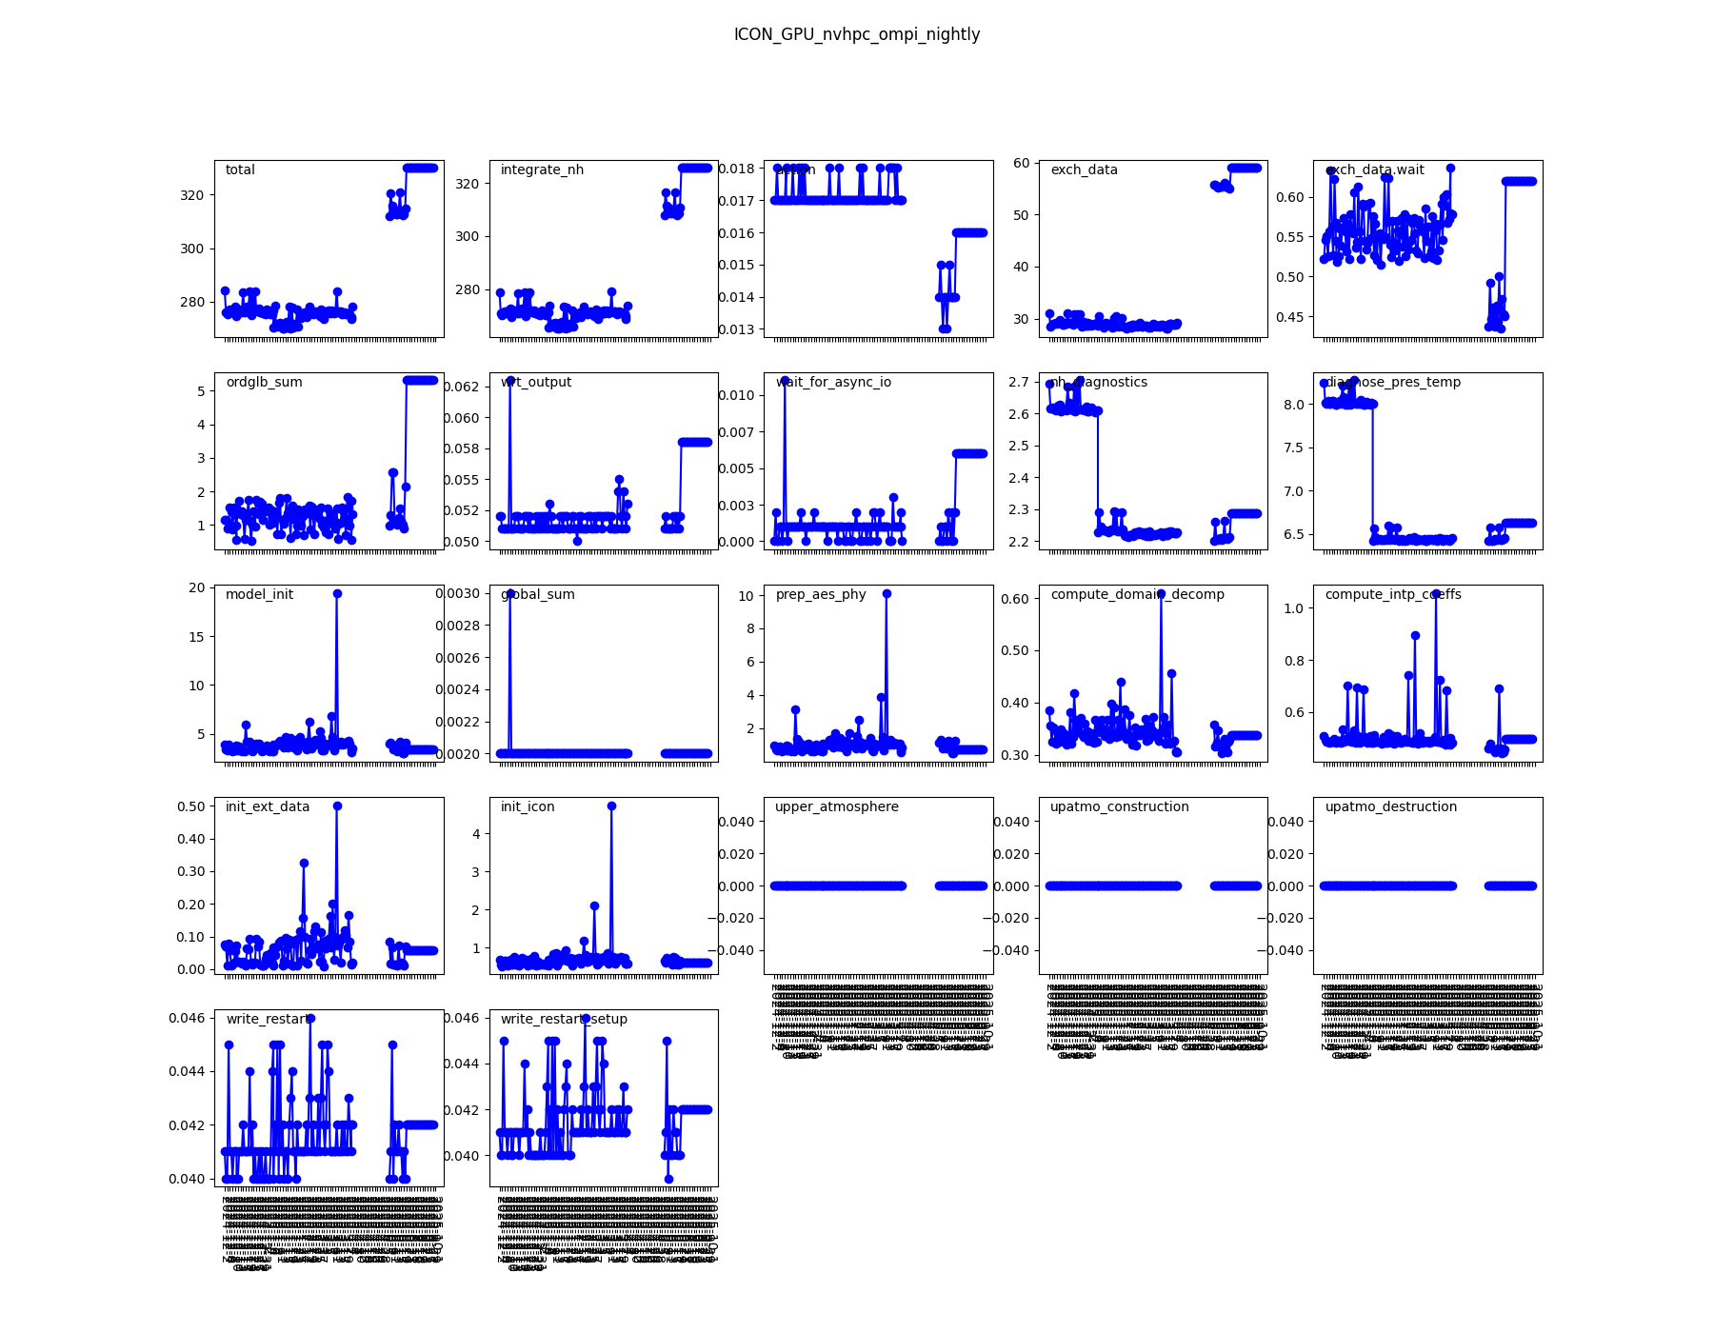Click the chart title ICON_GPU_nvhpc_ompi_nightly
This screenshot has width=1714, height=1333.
point(856,34)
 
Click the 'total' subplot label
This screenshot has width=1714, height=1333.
point(240,169)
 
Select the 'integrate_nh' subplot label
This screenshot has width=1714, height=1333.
point(542,169)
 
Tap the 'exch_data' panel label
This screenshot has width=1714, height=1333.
point(1084,169)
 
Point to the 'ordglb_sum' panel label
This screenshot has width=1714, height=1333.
point(264,382)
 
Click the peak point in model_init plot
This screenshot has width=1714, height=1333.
point(337,593)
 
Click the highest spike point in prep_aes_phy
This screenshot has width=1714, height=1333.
point(887,593)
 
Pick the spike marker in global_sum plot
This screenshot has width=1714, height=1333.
point(510,593)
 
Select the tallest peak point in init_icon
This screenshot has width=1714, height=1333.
point(611,806)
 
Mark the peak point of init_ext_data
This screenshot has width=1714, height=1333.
point(337,806)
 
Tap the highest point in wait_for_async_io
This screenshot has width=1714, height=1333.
point(785,380)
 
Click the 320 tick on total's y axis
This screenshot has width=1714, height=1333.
point(191,195)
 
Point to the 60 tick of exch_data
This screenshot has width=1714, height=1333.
point(1021,163)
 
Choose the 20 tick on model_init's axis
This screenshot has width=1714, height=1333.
point(196,587)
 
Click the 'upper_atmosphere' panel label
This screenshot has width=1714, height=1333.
point(836,806)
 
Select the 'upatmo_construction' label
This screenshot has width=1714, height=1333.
point(1119,806)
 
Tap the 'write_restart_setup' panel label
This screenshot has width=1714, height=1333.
point(564,1019)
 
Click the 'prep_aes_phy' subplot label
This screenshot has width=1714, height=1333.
point(821,594)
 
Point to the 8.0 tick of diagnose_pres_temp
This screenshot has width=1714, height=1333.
point(1293,405)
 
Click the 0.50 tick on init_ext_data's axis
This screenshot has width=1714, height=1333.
point(191,806)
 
